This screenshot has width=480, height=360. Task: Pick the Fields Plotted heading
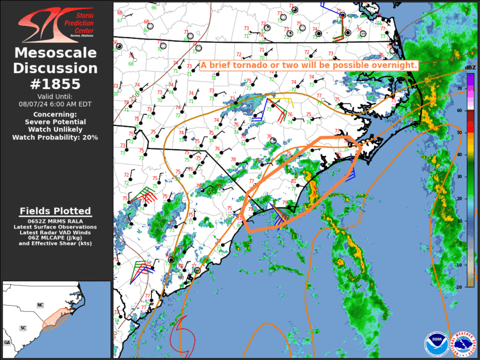55,211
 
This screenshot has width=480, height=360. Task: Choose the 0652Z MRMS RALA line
55,222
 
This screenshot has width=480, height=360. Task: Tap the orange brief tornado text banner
309,65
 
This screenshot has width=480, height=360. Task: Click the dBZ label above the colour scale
470,69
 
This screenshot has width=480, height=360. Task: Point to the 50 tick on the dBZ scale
460,133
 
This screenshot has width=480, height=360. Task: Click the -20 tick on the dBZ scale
459,286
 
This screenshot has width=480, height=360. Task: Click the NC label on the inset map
41,305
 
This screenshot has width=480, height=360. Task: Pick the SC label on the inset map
24,328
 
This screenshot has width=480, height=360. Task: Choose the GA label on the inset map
7,342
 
